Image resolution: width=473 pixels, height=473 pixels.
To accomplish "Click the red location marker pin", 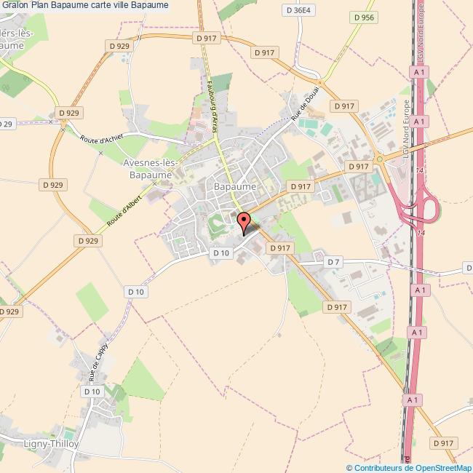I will tap(244, 220).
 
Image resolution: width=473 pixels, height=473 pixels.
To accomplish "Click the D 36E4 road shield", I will tap(298, 11).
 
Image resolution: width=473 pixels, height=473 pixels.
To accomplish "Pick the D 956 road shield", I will tap(365, 17).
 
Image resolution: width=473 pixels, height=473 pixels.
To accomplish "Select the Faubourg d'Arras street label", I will tap(215, 103).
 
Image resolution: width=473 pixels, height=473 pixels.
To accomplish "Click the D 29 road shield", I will tap(6, 124).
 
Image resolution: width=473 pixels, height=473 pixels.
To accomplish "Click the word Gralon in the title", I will tap(15, 5).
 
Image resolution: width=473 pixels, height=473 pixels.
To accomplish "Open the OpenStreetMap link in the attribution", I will tap(441, 468).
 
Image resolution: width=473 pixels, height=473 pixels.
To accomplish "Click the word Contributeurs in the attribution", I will tap(378, 468).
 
